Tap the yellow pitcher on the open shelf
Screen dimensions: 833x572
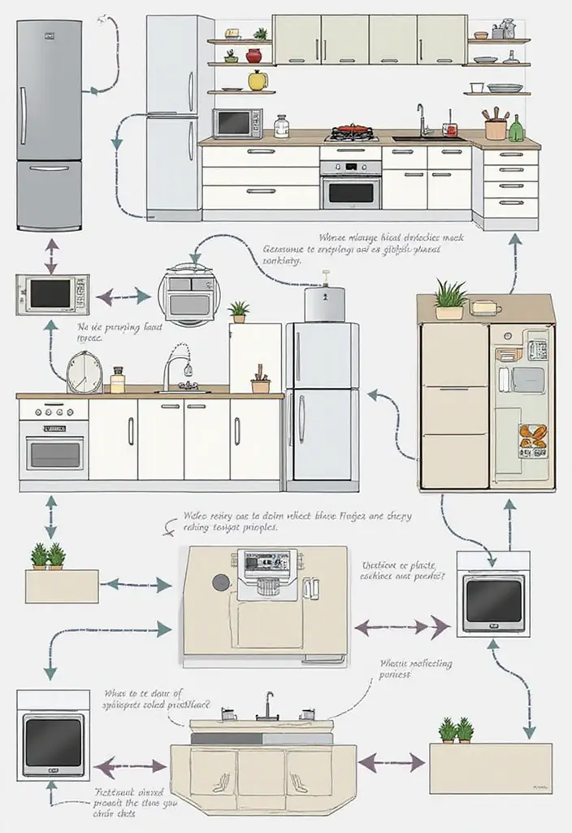click(x=258, y=80)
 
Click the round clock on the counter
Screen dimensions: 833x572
click(x=84, y=373)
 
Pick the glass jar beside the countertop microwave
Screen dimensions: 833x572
click(x=282, y=126)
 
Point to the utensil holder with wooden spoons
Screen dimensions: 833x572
click(x=495, y=126)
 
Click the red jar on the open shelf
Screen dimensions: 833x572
click(x=254, y=56)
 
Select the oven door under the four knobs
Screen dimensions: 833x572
click(x=54, y=451)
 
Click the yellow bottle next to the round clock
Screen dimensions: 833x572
click(x=118, y=380)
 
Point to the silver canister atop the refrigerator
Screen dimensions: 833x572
click(x=325, y=303)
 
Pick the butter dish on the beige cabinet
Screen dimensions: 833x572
click(x=486, y=307)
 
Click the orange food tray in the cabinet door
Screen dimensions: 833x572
click(x=533, y=438)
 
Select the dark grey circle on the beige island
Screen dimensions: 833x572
click(x=220, y=582)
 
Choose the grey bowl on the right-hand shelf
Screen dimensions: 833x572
click(x=505, y=87)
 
